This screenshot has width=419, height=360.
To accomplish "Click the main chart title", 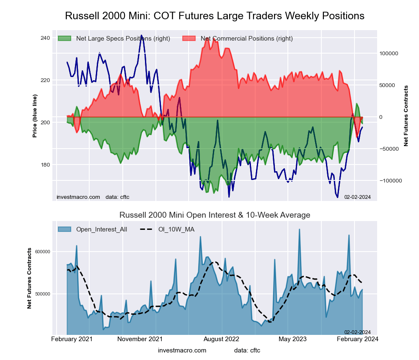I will [215, 16].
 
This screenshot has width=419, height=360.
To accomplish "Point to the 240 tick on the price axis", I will [45, 38].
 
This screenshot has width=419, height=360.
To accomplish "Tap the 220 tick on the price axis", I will [45, 80].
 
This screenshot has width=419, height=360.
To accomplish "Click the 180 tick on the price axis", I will [45, 165].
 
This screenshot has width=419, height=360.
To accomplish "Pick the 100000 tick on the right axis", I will [388, 54].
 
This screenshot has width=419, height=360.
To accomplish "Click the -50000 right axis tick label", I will [388, 149].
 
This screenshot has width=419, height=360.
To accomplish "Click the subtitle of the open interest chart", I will [215, 215].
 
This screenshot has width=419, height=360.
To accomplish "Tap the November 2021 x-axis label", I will [140, 339].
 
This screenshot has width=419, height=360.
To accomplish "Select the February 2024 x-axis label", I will [357, 339].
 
